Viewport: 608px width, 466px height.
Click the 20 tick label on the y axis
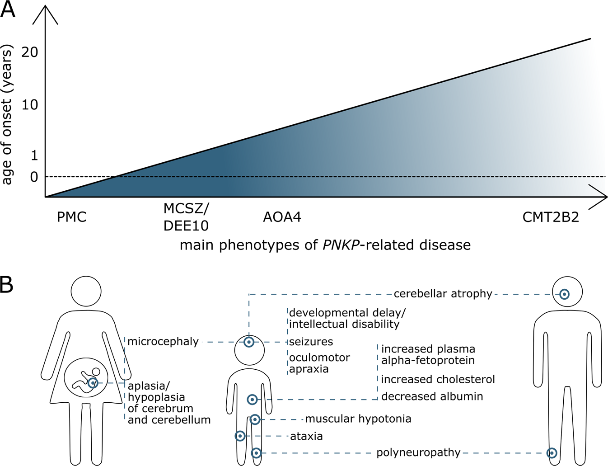[30, 52]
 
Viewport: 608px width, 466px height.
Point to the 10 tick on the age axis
[30, 105]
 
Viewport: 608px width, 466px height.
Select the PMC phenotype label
[71, 217]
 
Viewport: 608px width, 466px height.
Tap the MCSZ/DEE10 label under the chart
[186, 217]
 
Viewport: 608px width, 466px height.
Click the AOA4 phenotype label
[282, 217]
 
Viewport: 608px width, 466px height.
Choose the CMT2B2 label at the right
[551, 217]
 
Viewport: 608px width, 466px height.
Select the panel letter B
[7, 285]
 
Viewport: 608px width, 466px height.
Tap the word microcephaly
[163, 342]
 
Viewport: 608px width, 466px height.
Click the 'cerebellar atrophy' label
[443, 294]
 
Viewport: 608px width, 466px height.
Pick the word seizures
[311, 342]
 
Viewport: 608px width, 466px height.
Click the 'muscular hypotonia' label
[358, 419]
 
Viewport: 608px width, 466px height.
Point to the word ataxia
[306, 436]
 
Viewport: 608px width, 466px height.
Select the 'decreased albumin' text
[432, 396]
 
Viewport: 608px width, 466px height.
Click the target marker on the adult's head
[564, 294]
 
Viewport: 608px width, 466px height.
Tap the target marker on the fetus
[93, 383]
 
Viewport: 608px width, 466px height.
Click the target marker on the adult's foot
[552, 453]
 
